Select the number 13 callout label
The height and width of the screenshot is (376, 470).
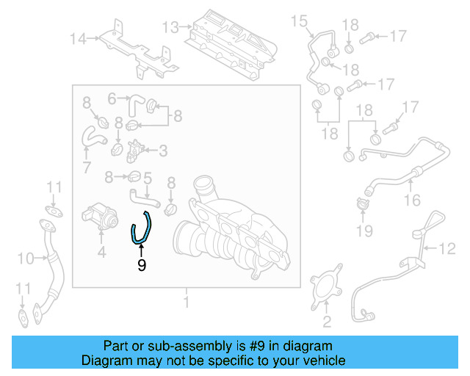tap(170, 28)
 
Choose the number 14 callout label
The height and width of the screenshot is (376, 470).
tap(79, 38)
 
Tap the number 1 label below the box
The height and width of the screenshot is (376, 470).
tap(187, 302)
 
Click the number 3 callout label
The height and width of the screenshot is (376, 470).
tap(163, 151)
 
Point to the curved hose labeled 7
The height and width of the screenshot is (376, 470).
tap(92, 137)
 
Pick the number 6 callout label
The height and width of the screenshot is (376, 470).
tap(112, 98)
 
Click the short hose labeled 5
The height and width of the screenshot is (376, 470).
tap(143, 196)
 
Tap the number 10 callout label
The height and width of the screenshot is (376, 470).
tap(26, 258)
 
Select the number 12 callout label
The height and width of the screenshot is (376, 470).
tap(448, 250)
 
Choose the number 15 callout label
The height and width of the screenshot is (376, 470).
tap(299, 21)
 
